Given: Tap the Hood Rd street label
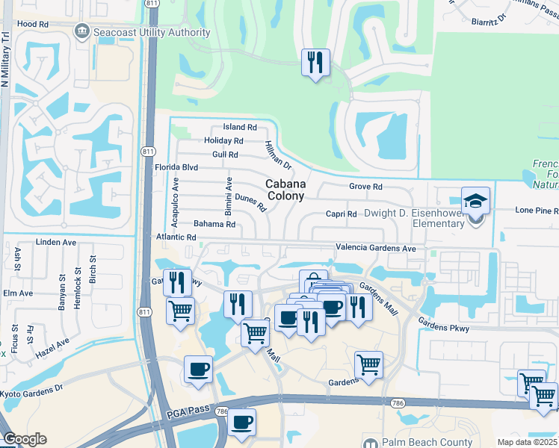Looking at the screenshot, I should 32,24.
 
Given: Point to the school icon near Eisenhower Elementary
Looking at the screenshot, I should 475,201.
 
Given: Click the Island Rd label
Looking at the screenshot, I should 240,128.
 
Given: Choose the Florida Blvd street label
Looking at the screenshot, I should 176,167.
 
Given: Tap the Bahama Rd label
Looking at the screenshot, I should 214,224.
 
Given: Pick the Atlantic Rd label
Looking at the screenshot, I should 176,237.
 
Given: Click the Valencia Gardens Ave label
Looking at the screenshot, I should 375,248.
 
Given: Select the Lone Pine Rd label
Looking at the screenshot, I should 537,211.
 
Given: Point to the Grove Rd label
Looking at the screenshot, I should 365,187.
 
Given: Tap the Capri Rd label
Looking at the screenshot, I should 341,214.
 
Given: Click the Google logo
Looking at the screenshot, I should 25,438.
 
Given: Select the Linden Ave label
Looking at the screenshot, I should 57,243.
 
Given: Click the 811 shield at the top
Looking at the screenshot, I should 152,4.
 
